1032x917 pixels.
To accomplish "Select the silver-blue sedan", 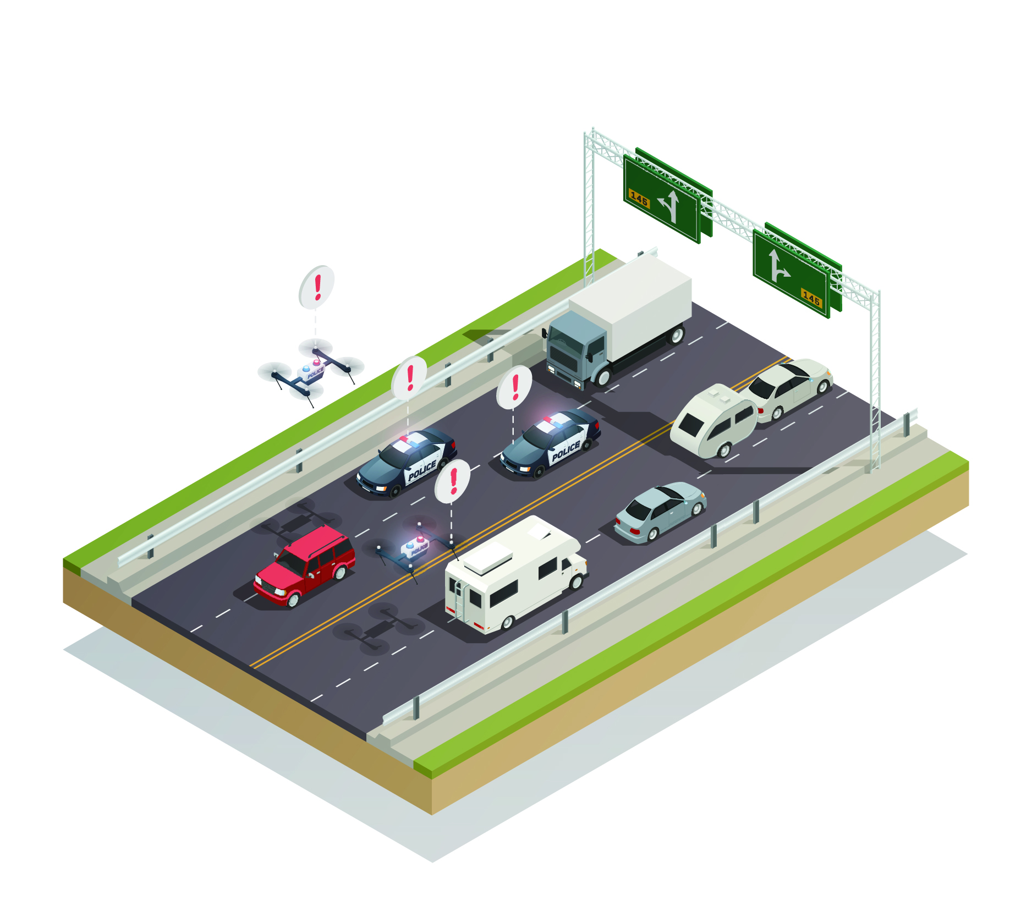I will [660, 511].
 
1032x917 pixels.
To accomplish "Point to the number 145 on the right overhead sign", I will [811, 298].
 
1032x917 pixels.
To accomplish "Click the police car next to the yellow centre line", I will [550, 443].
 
